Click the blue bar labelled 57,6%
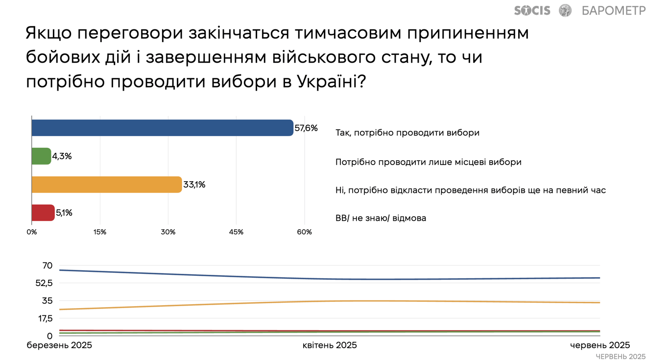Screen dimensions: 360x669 click(x=162, y=128)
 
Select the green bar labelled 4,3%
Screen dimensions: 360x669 click(x=41, y=156)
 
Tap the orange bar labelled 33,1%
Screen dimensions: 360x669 click(x=106, y=185)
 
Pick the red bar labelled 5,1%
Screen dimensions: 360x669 click(x=43, y=213)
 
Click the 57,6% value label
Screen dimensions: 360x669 click(x=306, y=128)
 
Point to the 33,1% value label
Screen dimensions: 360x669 click(x=194, y=185)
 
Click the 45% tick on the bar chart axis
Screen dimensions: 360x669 click(x=236, y=232)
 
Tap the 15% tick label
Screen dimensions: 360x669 click(x=100, y=232)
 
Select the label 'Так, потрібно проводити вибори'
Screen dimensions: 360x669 click(x=407, y=133)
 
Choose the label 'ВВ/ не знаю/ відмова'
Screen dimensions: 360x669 click(x=381, y=218)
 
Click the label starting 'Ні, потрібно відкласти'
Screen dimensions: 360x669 click(x=470, y=190)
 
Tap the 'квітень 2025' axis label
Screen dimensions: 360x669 click(x=330, y=345)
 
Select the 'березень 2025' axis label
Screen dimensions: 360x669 click(x=59, y=345)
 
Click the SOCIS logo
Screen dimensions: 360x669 click(x=532, y=10)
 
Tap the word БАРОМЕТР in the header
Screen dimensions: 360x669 click(x=614, y=10)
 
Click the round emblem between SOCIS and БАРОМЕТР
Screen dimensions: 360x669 click(x=565, y=10)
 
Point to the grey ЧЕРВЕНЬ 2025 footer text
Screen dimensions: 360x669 click(x=621, y=357)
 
